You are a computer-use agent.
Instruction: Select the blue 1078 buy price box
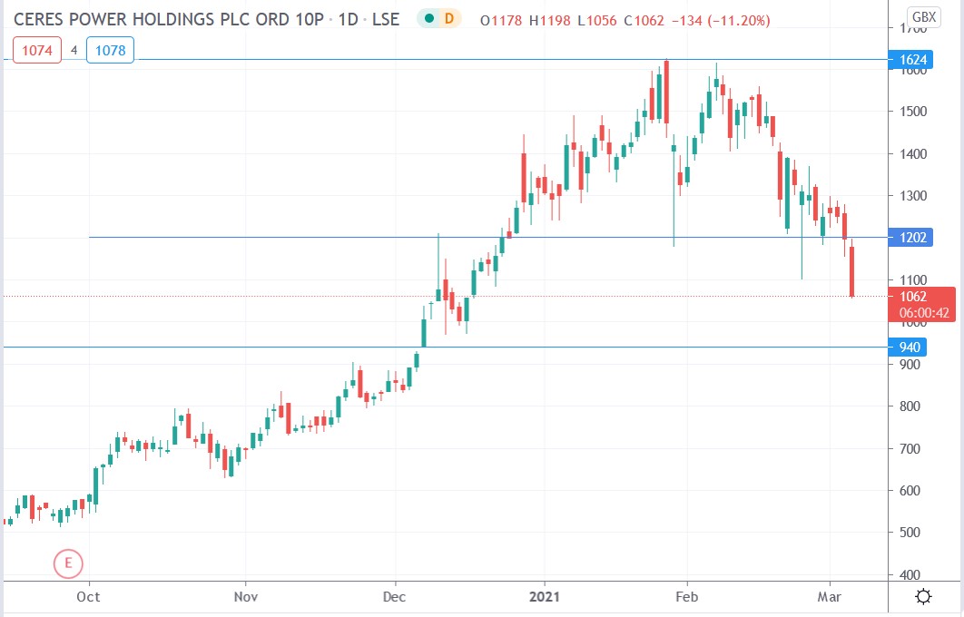point(111,50)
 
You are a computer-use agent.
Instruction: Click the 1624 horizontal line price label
point(913,61)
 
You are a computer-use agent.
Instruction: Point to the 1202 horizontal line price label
point(913,238)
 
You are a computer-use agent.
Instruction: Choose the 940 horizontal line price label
point(910,348)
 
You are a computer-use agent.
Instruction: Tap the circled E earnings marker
point(68,563)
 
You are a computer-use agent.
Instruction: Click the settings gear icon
point(924,596)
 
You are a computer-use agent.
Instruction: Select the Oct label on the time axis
point(88,596)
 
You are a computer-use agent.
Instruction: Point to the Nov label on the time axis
point(246,596)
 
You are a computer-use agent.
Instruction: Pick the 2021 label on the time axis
point(545,596)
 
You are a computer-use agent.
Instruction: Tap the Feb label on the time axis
point(687,596)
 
